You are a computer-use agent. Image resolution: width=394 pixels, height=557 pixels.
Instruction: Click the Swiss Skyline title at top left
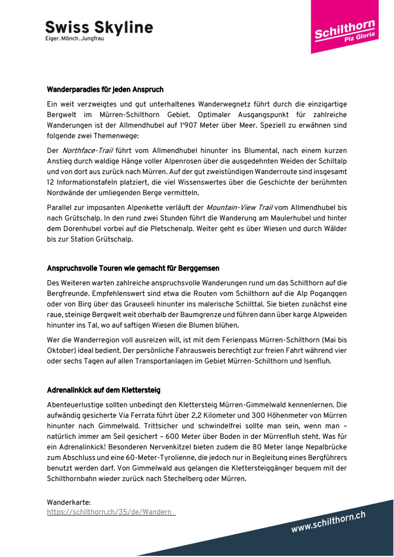click(x=99, y=27)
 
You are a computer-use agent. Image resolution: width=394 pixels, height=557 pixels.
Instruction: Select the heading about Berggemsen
click(x=133, y=268)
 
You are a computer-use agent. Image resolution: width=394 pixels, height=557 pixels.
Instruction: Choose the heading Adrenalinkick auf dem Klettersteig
click(x=104, y=390)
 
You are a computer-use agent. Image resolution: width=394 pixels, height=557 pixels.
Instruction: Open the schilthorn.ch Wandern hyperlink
click(x=111, y=512)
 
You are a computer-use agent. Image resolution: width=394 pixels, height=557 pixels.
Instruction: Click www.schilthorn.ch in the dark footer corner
click(x=328, y=522)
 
